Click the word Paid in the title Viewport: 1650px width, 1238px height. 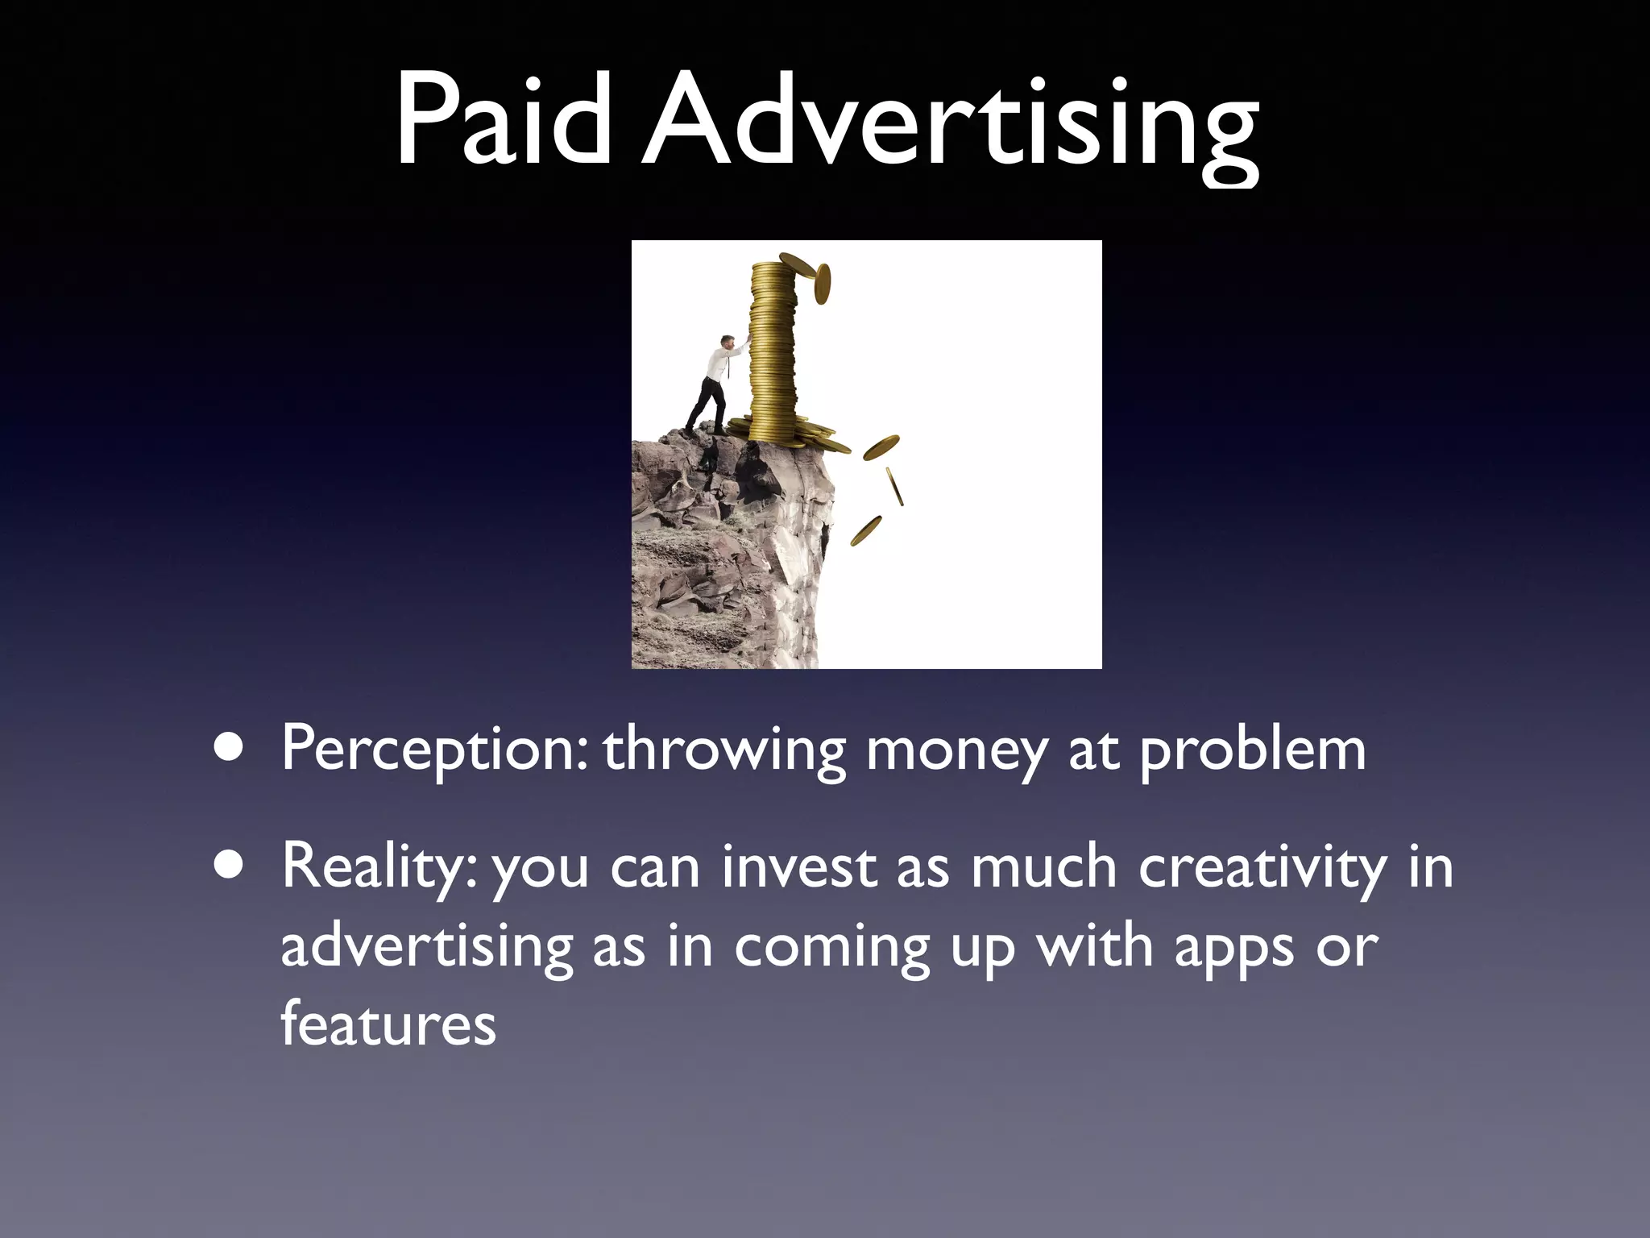(504, 121)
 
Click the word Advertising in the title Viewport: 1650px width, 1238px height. (951, 125)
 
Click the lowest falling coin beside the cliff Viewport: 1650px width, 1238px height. (866, 530)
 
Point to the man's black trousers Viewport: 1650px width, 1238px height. (707, 403)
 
